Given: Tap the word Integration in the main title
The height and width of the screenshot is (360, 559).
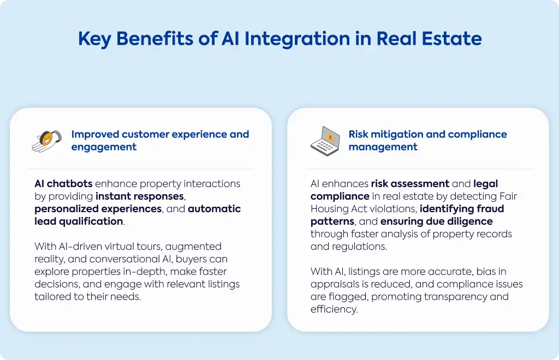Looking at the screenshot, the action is click(x=297, y=39).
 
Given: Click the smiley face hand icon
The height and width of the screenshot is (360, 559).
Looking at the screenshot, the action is click(x=47, y=141).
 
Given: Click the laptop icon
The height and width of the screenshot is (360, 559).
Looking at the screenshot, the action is click(x=325, y=141).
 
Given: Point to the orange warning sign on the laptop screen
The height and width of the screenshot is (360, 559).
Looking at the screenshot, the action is click(x=330, y=137).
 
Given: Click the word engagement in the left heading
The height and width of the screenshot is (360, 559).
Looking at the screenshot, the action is click(x=104, y=147).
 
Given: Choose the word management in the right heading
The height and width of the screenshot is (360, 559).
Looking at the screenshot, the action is click(x=383, y=147).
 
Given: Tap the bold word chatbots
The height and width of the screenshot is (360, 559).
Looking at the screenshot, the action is click(x=70, y=184).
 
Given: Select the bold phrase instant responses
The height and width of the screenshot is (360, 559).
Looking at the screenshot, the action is click(x=140, y=196).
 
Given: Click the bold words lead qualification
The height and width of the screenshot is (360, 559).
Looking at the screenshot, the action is click(x=79, y=221).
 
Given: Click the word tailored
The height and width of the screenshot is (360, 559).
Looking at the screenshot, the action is click(x=52, y=297).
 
